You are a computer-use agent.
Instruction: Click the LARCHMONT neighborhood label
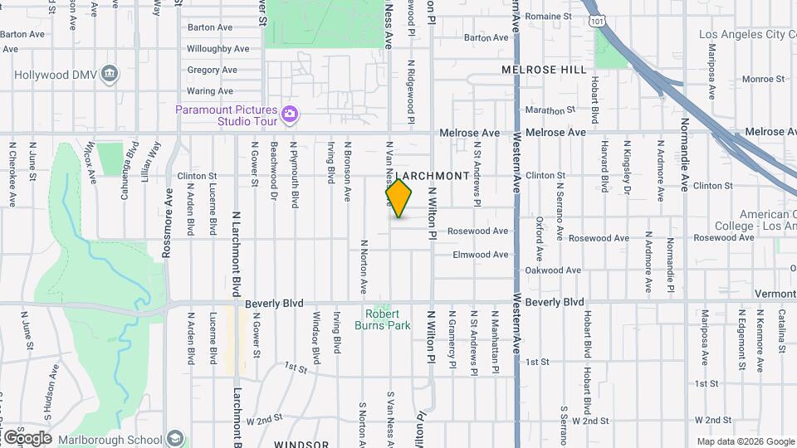tap(432, 176)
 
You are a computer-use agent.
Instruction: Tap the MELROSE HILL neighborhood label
tap(544, 71)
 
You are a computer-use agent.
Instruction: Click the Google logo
tap(27, 437)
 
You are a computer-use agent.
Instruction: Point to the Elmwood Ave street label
tap(480, 255)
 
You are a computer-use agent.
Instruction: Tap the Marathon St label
tap(550, 110)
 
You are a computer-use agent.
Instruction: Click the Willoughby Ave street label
tap(218, 49)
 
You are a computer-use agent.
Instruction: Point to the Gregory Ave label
tap(213, 70)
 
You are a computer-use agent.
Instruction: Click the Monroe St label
tap(757, 79)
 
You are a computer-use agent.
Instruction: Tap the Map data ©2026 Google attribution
tap(745, 441)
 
